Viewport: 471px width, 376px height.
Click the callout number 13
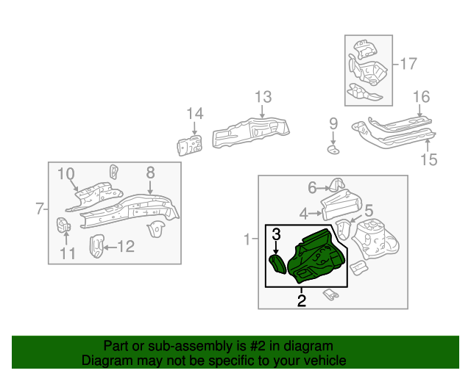(x=263, y=97)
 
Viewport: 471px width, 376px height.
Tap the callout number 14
(x=194, y=113)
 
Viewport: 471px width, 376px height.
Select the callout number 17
(x=408, y=64)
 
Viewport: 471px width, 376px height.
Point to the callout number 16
(x=420, y=97)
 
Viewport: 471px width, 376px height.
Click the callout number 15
(x=428, y=159)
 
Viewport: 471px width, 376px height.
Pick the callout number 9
(x=333, y=123)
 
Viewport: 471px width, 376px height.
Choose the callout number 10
(x=66, y=174)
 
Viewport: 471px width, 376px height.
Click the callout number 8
(x=150, y=173)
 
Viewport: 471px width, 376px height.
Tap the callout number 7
(x=40, y=209)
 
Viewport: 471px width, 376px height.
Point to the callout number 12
(x=126, y=247)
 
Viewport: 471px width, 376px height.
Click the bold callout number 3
(x=276, y=235)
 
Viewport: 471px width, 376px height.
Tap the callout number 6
(x=312, y=187)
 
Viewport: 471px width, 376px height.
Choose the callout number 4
(x=304, y=214)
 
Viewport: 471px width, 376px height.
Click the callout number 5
(x=368, y=210)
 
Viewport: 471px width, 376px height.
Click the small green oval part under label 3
(x=277, y=264)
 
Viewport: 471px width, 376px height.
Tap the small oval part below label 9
(x=333, y=150)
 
